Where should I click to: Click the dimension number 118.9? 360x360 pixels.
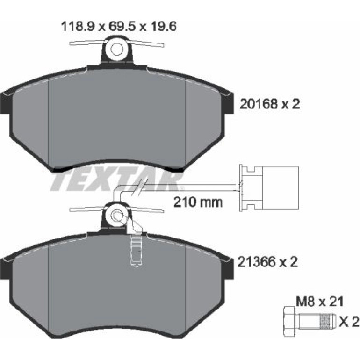[x=78, y=27]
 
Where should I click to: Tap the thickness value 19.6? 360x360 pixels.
[x=164, y=27]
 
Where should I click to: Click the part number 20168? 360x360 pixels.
[x=258, y=104]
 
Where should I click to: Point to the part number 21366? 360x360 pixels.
[x=256, y=262]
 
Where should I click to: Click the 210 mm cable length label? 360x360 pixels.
[x=198, y=202]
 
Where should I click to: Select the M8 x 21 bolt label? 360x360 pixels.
[x=320, y=302]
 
